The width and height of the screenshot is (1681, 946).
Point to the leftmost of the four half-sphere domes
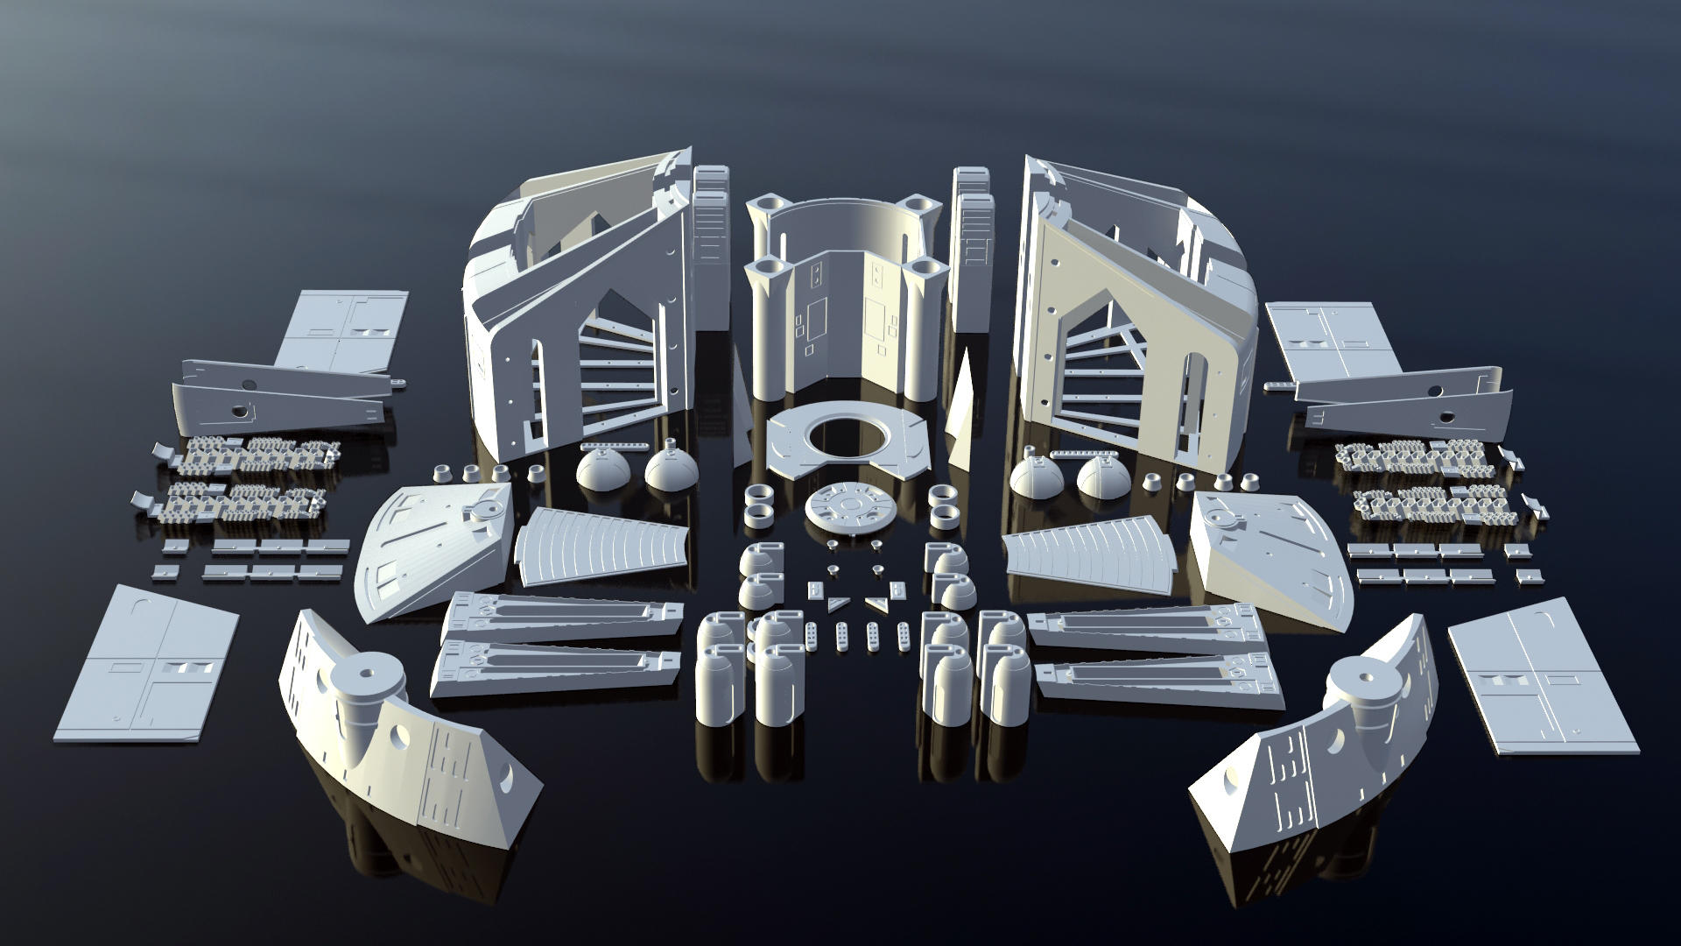(x=602, y=473)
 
